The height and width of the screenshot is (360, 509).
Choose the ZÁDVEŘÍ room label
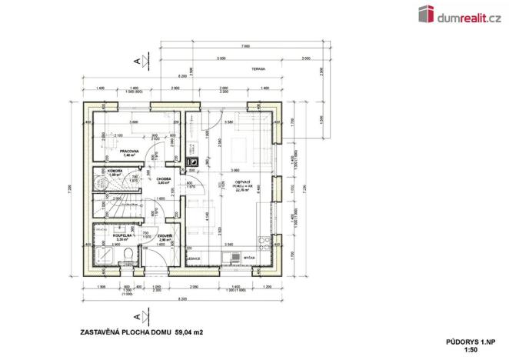[x=164, y=236]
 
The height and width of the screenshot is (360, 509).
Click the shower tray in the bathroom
[x=101, y=258]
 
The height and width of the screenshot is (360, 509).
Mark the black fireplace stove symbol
[x=194, y=162]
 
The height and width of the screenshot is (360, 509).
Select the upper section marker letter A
[x=135, y=60]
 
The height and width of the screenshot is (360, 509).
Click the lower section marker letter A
[x=135, y=315]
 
